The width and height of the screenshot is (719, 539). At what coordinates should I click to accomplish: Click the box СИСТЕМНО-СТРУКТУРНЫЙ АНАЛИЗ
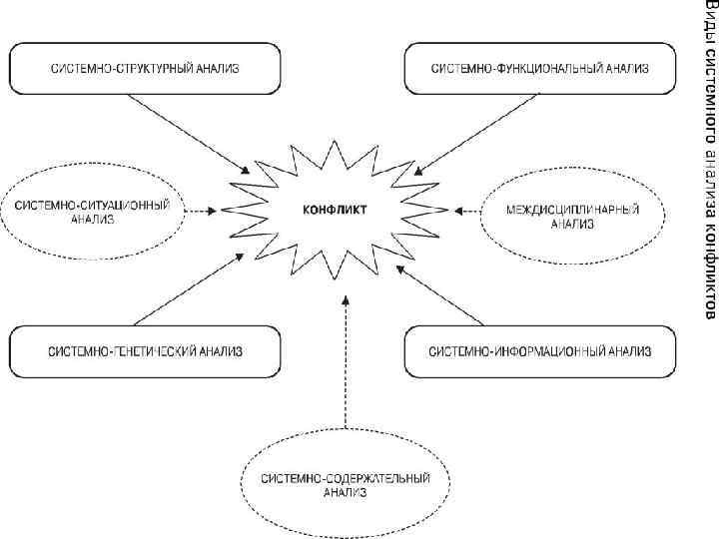click(x=146, y=68)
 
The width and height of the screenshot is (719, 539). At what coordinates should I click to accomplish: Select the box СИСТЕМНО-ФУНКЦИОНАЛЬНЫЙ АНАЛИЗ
click(x=540, y=68)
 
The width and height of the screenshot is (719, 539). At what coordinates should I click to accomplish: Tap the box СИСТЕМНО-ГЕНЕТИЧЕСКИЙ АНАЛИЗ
click(x=146, y=351)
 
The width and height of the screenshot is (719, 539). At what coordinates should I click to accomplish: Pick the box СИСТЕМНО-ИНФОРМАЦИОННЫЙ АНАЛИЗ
click(x=540, y=351)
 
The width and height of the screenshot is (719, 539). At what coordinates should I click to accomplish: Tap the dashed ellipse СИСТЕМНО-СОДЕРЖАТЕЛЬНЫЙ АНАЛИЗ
click(x=346, y=485)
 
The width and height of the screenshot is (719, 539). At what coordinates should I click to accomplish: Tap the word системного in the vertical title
click(x=706, y=90)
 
